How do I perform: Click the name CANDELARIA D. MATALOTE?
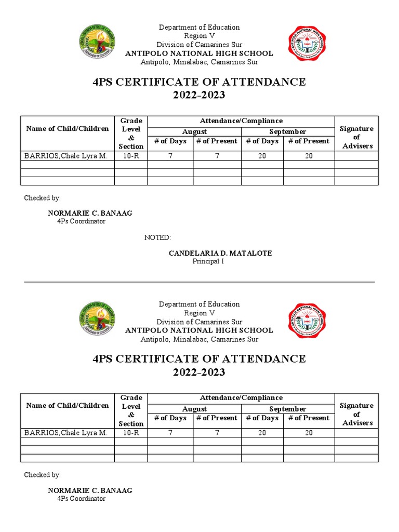pos(220,253)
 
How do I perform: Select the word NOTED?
pos(157,237)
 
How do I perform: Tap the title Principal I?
pos(208,261)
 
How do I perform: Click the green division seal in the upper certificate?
pos(97,44)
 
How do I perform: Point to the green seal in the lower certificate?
pos(97,321)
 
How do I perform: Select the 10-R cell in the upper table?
pos(131,156)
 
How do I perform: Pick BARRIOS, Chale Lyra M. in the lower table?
pos(66,433)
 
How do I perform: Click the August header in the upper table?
pos(194,132)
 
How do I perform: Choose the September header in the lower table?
pos(287,409)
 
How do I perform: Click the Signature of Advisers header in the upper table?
pos(357,137)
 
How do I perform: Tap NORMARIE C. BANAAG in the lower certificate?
pos(90,490)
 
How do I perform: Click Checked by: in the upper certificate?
pos(43,198)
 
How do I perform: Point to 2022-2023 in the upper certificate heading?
pos(199,95)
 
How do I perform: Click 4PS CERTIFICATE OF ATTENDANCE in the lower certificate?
pos(199,358)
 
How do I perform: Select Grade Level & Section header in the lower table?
pos(131,410)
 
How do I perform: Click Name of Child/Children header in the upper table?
pos(68,129)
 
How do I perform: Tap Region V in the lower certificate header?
pos(199,313)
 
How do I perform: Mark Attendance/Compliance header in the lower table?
pos(241,398)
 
